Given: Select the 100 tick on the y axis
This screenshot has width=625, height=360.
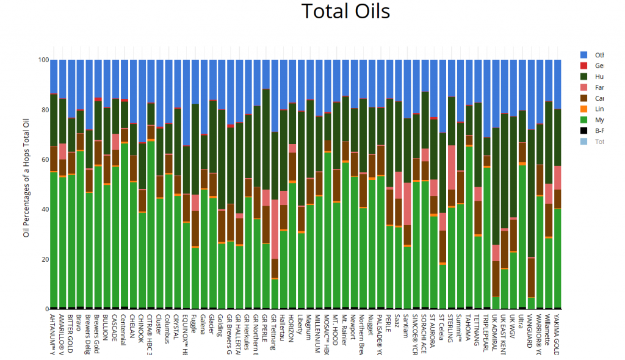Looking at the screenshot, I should (x=43, y=60).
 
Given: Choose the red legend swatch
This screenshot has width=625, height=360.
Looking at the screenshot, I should (x=584, y=65).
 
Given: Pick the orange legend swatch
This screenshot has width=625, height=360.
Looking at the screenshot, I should (x=584, y=109).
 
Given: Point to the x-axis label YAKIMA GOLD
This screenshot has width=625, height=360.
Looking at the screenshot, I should (x=557, y=333).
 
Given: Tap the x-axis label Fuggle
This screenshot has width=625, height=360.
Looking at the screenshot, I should (x=195, y=323).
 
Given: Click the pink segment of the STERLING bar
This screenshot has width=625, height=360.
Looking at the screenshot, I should (x=452, y=167).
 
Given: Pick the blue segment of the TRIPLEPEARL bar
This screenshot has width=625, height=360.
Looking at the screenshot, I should (x=486, y=98).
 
